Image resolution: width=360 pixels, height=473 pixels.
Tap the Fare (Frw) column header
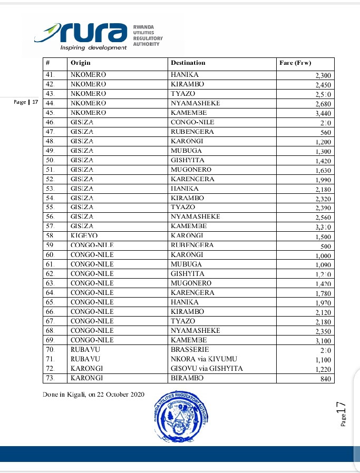tap(295, 63)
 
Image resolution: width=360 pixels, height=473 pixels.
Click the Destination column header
tap(188, 63)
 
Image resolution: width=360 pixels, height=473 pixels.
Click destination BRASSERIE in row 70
tap(190, 350)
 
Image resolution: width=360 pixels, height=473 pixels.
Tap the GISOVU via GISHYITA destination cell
tap(207, 369)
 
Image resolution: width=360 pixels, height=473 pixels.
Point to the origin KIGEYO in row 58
tap(84, 236)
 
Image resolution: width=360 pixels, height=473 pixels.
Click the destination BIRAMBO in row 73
tap(187, 378)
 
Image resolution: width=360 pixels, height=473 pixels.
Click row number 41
tap(51, 75)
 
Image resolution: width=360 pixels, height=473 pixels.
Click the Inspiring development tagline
tap(94, 47)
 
